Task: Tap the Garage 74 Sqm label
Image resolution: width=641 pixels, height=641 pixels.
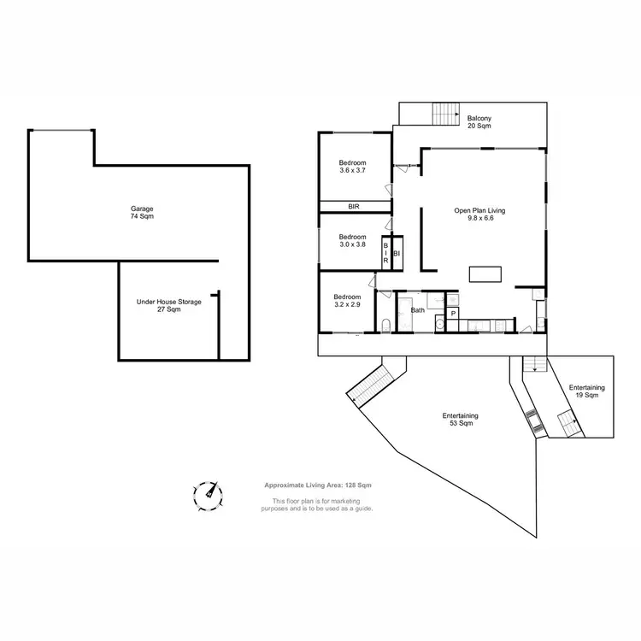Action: tap(142, 212)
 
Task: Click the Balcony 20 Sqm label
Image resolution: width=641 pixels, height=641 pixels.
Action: tap(479, 121)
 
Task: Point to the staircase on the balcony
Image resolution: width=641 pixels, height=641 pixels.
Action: tap(444, 113)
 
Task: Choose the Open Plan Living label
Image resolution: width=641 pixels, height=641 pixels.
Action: tap(480, 213)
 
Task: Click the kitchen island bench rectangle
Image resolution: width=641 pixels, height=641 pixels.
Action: tap(485, 273)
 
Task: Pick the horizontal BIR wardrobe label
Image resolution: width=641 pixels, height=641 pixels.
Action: tap(354, 207)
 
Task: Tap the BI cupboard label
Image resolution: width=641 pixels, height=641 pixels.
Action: tap(397, 254)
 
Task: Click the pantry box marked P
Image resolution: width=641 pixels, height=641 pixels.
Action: tap(453, 314)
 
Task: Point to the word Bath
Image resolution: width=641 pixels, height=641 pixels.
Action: tap(418, 310)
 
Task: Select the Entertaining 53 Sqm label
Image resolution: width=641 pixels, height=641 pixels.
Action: tap(460, 420)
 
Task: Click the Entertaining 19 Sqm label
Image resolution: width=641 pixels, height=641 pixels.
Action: tap(586, 391)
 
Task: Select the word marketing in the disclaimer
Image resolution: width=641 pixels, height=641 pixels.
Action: tap(355, 500)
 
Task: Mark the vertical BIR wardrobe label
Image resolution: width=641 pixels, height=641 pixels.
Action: tap(386, 254)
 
